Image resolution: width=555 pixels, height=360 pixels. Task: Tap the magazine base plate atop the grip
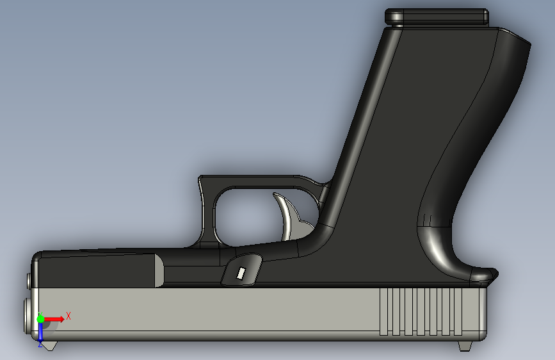(x=437, y=16)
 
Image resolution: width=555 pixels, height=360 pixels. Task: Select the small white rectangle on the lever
(x=241, y=274)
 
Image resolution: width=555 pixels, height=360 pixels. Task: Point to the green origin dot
(x=40, y=318)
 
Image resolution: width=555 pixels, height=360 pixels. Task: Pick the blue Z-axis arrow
(x=40, y=332)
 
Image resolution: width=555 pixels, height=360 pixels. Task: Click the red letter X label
(x=68, y=315)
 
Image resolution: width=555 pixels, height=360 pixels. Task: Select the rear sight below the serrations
(x=465, y=346)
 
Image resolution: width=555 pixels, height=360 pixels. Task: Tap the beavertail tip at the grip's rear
(x=492, y=275)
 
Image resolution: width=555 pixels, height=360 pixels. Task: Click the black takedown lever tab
(x=242, y=269)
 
